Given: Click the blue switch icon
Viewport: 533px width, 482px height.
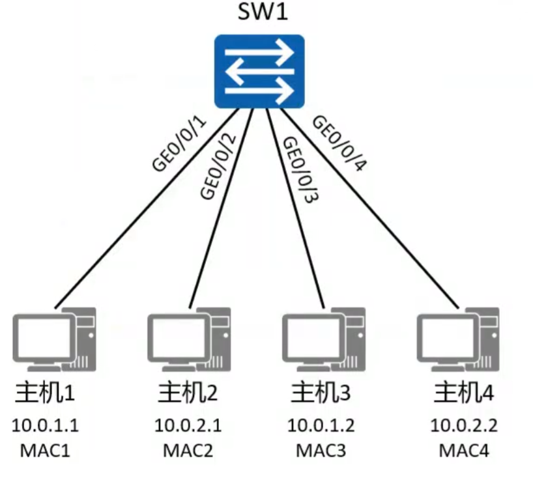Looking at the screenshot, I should (x=260, y=72).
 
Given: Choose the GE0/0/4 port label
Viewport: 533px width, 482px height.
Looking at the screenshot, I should (x=339, y=143).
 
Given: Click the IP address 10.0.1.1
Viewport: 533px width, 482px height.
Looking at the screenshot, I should (x=46, y=426).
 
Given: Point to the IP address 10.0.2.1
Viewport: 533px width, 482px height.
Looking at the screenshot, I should (x=188, y=426).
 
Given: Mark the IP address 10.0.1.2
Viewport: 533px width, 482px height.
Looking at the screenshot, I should (x=321, y=426).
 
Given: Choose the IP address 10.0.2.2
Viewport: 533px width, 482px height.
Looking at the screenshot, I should (x=463, y=426).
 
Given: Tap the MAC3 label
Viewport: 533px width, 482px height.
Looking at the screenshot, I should (x=321, y=449).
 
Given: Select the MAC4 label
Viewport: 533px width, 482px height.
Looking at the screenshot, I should (x=463, y=449).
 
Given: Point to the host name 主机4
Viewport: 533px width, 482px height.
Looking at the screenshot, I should (x=463, y=393).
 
